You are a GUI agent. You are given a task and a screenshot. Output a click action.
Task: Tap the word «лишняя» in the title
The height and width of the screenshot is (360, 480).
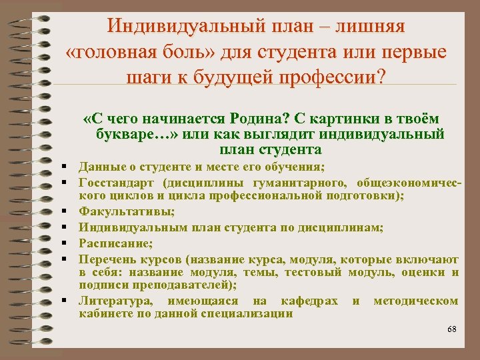[x=369, y=27]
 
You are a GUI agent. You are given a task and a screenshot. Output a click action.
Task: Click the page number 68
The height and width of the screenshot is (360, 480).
[x=451, y=329]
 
